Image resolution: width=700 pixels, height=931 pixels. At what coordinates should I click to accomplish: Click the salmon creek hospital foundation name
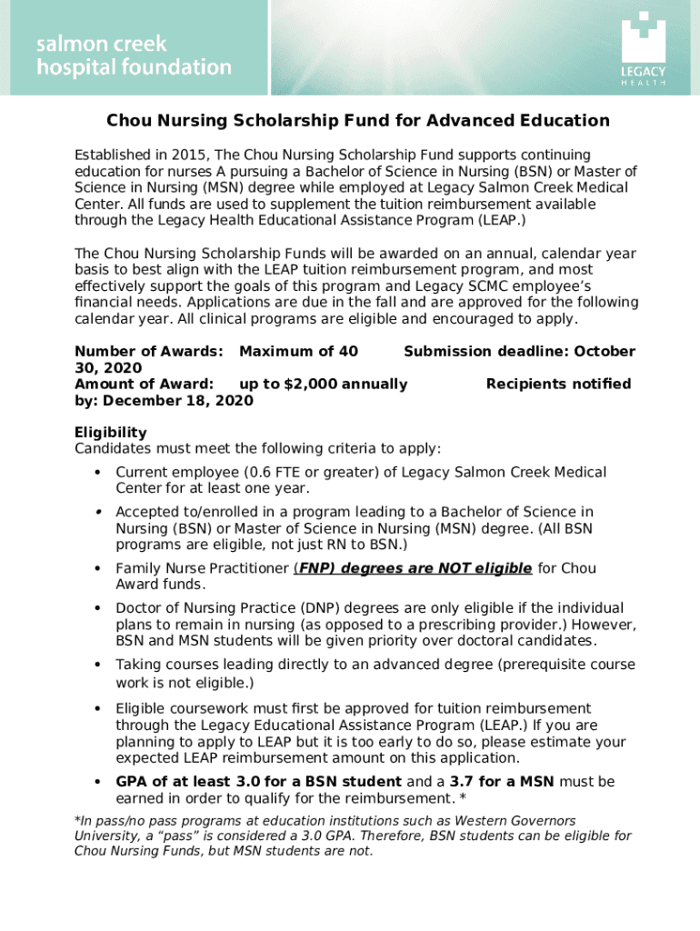pos(134,55)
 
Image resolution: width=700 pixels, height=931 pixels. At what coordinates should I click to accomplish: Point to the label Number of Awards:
pos(149,352)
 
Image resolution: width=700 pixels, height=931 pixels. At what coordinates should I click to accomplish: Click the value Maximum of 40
pos(298,352)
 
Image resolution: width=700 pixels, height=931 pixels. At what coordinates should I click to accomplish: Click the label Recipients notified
pos(558,385)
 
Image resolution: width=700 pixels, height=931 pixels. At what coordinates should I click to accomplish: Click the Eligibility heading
pos(110,433)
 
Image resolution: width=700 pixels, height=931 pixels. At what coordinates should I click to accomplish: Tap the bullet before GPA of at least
pos(96,782)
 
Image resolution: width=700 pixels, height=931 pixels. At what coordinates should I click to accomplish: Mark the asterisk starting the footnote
pos(77,821)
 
